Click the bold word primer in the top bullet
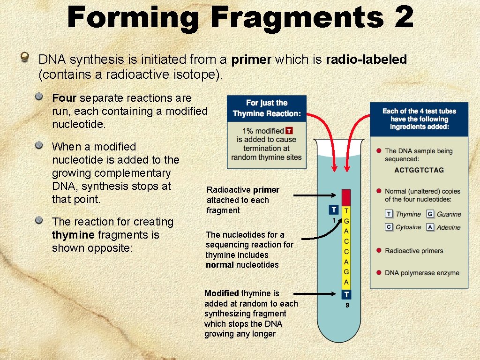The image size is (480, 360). click(x=251, y=60)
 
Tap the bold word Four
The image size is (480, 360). click(x=65, y=98)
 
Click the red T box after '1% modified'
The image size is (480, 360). click(x=289, y=131)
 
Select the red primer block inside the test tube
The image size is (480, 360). click(x=346, y=197)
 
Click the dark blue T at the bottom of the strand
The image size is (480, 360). click(x=346, y=294)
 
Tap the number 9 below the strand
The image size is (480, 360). click(x=347, y=306)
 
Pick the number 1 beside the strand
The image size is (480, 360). click(x=333, y=220)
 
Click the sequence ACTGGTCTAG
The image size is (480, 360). click(x=419, y=170)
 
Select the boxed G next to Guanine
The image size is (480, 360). click(x=430, y=214)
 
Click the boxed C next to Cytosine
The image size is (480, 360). click(x=389, y=227)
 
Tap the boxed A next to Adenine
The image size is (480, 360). click(x=430, y=227)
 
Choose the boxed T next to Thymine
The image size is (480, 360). click(x=389, y=214)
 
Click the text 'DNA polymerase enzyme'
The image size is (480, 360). click(x=422, y=273)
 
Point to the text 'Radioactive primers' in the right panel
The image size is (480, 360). click(x=414, y=251)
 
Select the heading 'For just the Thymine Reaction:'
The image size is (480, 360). click(x=267, y=108)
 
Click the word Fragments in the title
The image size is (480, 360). click(x=297, y=17)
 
